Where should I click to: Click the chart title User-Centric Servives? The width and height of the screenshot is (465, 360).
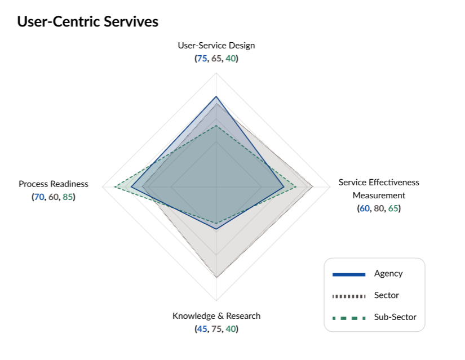[x=87, y=22]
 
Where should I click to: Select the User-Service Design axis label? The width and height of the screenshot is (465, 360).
[x=216, y=46]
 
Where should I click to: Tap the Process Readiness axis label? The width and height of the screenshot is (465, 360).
[x=54, y=184]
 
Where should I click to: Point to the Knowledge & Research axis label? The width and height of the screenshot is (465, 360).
[x=216, y=315]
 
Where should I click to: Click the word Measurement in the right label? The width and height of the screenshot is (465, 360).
[x=379, y=195]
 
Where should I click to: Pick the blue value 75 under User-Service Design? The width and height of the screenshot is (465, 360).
[x=202, y=59]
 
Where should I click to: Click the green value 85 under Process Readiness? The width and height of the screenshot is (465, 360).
[x=68, y=197]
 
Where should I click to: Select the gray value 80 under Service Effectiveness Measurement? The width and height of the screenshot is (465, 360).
[x=379, y=208]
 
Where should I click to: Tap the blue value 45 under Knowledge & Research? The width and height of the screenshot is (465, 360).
[x=202, y=328]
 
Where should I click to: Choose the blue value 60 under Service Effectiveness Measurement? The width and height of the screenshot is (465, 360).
[x=365, y=208]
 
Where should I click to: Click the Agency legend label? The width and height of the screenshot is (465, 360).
[x=388, y=274]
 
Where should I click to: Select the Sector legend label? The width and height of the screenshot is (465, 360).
[x=387, y=295]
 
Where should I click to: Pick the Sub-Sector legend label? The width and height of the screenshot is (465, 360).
[x=395, y=317]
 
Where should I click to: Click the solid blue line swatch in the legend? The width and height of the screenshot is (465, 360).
[x=349, y=274]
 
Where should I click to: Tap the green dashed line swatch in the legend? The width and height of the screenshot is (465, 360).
[x=349, y=318]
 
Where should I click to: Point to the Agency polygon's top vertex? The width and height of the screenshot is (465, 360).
[x=216, y=96]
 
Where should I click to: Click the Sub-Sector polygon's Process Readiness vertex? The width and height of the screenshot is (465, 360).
[x=114, y=186]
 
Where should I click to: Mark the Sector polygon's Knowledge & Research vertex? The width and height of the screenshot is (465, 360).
[x=216, y=277]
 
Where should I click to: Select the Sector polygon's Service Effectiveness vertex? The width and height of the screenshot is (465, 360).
[x=313, y=186]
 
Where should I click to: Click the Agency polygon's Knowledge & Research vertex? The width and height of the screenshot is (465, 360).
[x=216, y=229]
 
